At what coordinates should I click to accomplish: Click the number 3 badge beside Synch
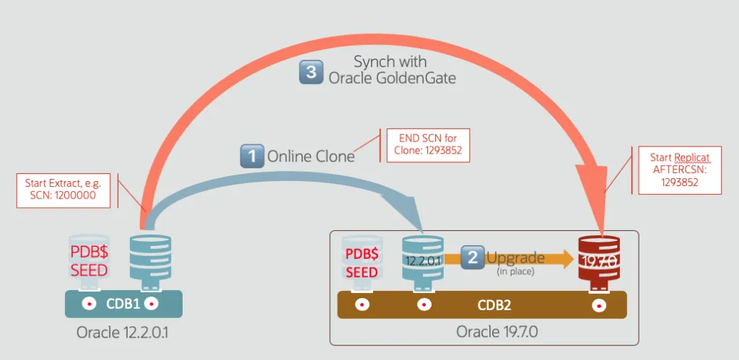[x=310, y=71]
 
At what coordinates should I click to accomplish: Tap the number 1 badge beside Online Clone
[x=251, y=155]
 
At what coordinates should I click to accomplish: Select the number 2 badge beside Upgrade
[x=472, y=258]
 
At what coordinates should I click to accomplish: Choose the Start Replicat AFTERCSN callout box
[x=680, y=170]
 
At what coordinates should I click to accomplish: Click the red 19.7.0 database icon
[x=598, y=258]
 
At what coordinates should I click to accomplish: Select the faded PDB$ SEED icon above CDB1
[x=88, y=260]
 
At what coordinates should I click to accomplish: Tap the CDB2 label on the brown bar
[x=494, y=304]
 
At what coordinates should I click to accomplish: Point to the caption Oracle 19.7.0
[x=497, y=332]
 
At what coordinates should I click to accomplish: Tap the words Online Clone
[x=311, y=156]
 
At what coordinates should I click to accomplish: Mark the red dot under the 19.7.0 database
[x=598, y=304]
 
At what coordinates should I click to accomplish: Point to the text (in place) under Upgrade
[x=515, y=272]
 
